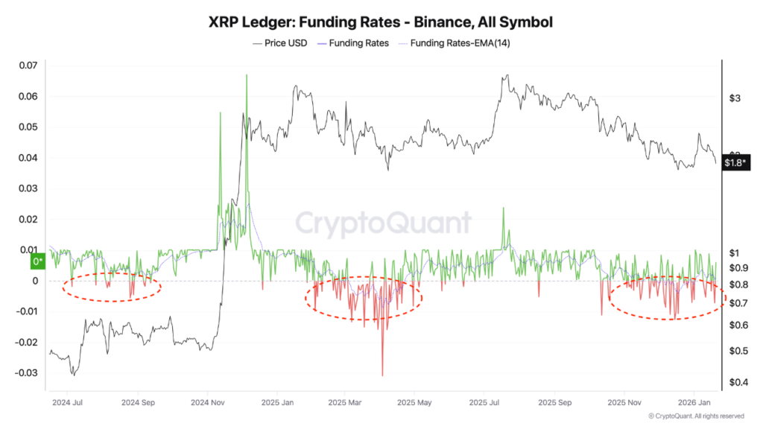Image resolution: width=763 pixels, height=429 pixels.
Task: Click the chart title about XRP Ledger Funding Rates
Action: (x=381, y=22)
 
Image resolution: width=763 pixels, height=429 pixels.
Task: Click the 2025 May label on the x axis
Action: (x=414, y=403)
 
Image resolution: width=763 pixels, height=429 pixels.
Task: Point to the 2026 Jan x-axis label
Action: (x=693, y=403)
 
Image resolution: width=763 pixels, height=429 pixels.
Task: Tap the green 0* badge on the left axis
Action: (x=37, y=261)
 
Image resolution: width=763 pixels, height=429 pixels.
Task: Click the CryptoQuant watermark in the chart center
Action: (x=383, y=223)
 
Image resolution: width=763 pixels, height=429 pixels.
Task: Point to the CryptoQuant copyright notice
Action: (x=696, y=416)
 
